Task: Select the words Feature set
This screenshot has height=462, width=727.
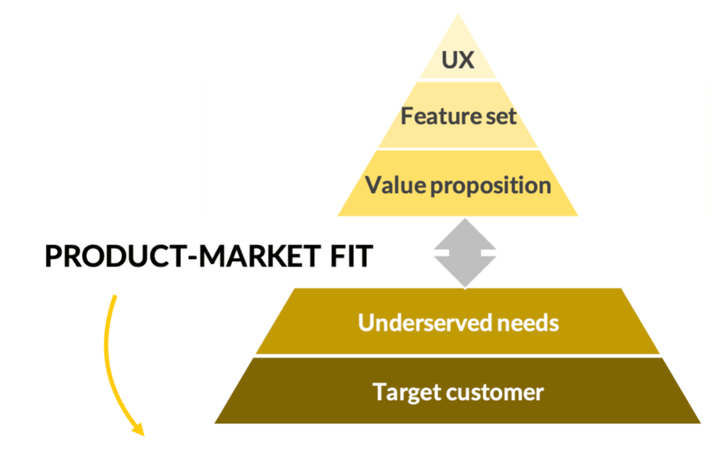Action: [458, 116]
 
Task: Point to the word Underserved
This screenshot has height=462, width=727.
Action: [416, 323]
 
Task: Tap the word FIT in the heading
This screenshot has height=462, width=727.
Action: [349, 257]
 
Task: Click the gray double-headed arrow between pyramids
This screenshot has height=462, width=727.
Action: [464, 253]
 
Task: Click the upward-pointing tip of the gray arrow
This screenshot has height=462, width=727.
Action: [464, 220]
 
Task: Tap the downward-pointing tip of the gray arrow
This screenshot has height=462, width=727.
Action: [464, 285]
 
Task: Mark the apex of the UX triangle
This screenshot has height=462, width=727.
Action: [458, 16]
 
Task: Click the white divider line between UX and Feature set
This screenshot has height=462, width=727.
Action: [458, 79]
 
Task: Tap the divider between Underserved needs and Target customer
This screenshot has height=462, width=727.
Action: [458, 356]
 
